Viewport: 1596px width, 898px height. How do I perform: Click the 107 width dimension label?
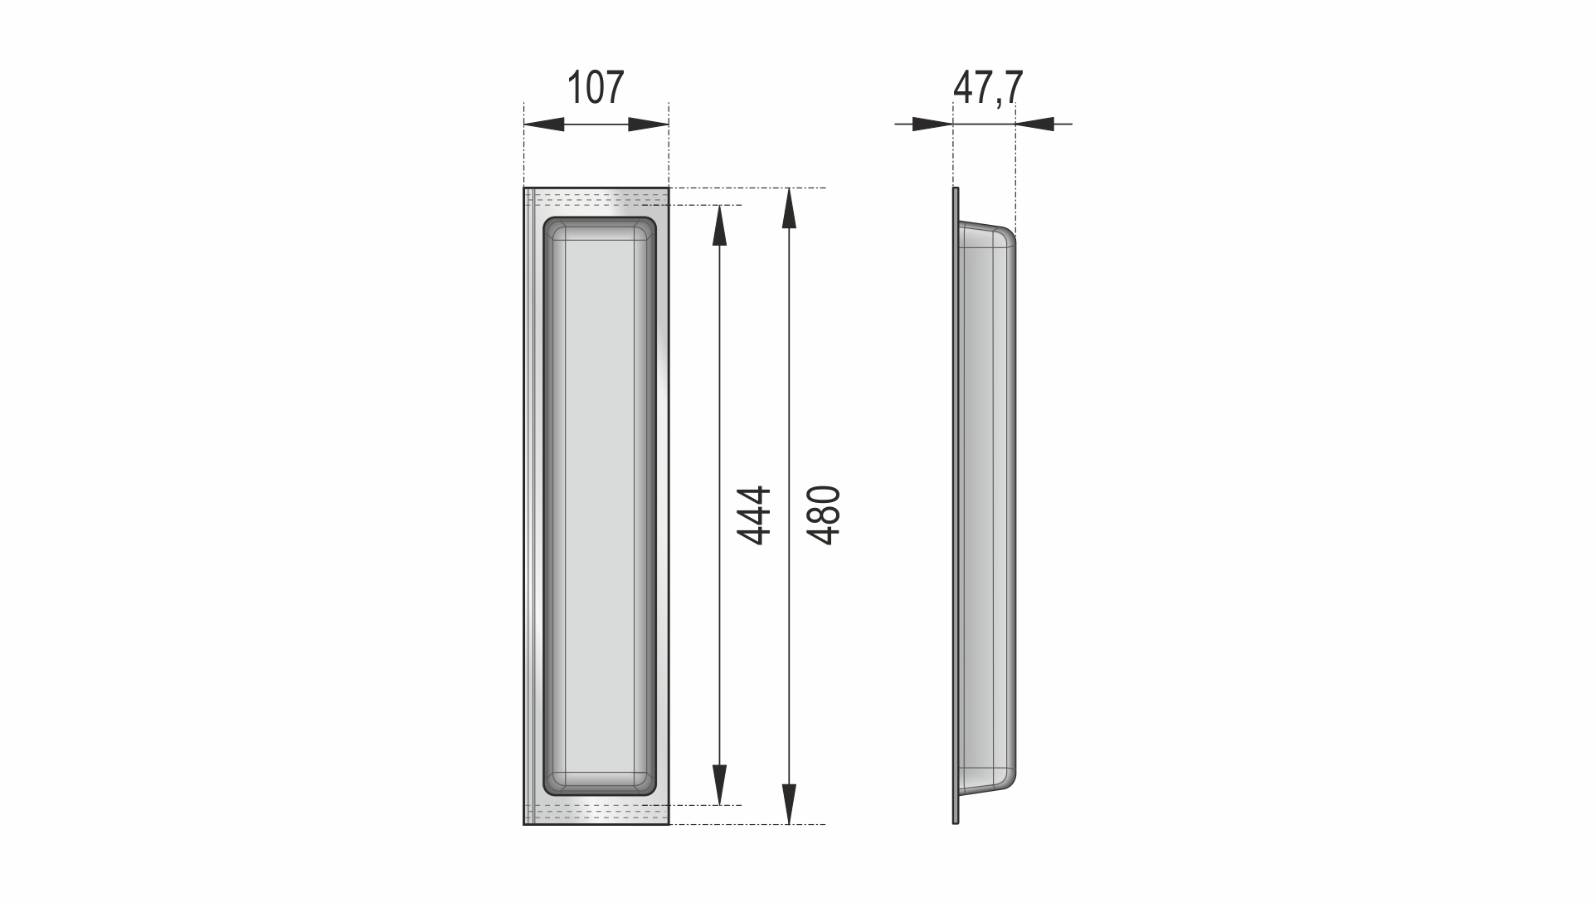tap(595, 88)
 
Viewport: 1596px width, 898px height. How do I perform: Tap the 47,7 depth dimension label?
tap(988, 88)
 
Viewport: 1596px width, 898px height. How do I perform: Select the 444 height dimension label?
tap(755, 515)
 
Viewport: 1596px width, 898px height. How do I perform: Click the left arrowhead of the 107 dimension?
tap(544, 124)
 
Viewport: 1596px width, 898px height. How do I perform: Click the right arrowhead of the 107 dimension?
tap(649, 124)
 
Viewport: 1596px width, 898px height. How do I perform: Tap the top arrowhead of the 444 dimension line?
tap(720, 226)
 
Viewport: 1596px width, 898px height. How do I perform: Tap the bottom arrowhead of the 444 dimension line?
tap(720, 784)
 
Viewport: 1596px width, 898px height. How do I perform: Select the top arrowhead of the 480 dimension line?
tap(790, 208)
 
